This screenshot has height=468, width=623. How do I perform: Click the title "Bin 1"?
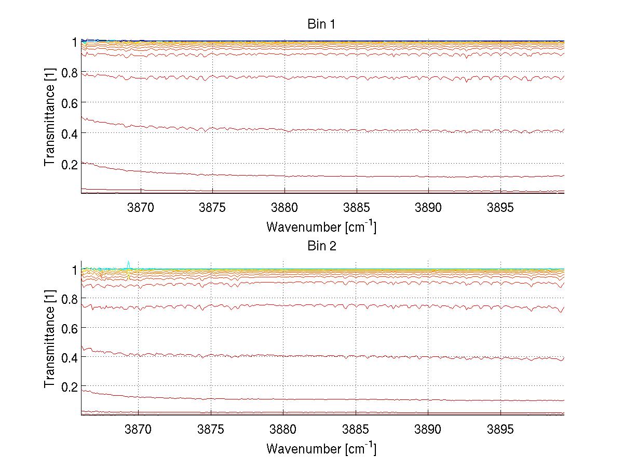322,24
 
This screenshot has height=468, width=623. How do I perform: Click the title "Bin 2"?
322,246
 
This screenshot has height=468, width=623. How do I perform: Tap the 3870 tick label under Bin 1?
140,208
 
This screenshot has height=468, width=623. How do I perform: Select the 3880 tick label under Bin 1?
285,208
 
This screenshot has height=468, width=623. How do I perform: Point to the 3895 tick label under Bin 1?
500,208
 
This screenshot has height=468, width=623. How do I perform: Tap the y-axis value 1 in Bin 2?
74,270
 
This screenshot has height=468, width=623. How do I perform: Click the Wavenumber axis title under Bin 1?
321,226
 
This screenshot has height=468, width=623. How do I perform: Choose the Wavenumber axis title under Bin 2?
321,448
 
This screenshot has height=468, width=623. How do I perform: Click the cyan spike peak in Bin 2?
128,262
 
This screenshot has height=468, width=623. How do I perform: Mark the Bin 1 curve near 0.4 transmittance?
322,130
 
